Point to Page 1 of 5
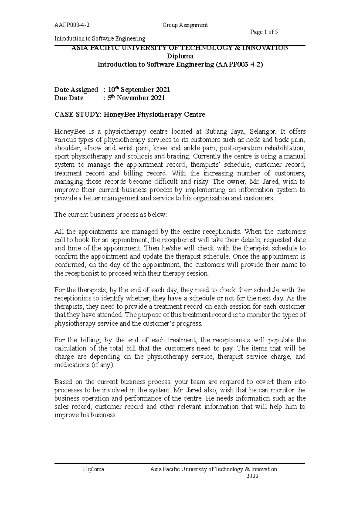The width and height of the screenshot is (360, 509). coord(264,32)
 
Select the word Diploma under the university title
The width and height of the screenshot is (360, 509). coord(180,56)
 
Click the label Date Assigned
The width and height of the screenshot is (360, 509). coord(76,90)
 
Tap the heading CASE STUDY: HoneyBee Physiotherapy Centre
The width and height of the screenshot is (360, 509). coord(129,115)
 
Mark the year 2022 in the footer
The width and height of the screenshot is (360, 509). coord(252,476)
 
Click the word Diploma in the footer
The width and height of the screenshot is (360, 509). coord(94,469)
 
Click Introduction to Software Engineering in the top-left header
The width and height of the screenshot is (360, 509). coord(99,39)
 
